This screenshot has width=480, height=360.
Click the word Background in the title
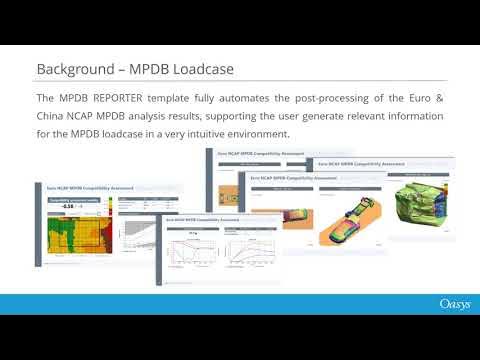point(72,68)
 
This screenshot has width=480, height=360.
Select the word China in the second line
point(54,116)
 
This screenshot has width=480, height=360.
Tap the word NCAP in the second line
point(91,116)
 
